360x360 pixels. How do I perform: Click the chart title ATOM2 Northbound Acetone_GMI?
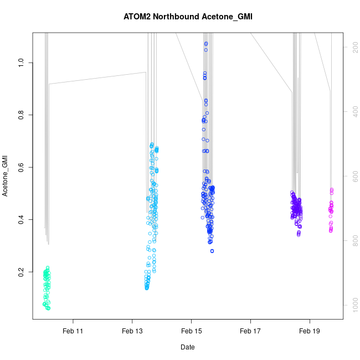188,17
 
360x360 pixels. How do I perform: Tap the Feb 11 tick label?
73,331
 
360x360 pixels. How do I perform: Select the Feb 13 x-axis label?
132,331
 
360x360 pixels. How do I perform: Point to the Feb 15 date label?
191,331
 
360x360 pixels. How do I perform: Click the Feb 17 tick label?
250,331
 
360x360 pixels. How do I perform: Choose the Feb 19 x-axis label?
310,331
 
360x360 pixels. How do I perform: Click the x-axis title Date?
187,347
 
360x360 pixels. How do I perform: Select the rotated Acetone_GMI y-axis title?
6,177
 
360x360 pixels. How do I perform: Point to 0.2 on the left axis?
22,273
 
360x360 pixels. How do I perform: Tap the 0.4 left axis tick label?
22,220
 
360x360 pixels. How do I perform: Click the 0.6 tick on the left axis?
22,167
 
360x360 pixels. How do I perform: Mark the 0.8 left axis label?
22,115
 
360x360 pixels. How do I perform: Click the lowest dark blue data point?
212,251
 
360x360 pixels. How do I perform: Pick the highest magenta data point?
332,189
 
